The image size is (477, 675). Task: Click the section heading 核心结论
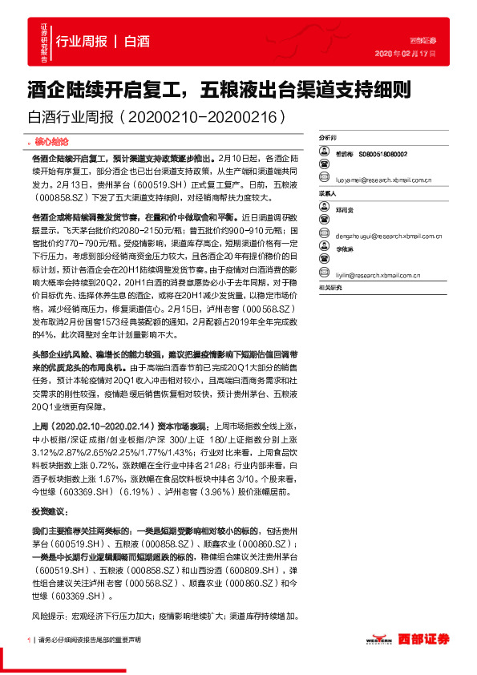pyautogui.click(x=53, y=141)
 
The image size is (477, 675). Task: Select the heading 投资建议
pyautogui.click(x=47, y=510)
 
